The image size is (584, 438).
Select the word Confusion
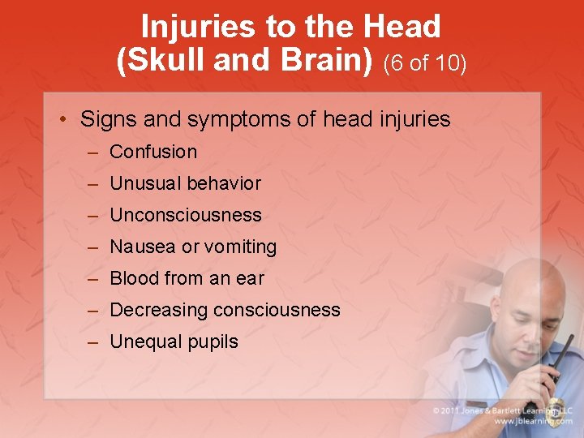[153, 152]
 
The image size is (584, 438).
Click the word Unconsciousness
[186, 215]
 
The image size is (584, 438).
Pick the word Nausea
[143, 247]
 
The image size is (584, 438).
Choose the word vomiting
[240, 247]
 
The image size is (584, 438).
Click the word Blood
[134, 278]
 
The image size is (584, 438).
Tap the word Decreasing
[158, 310]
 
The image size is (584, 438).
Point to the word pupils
[213, 342]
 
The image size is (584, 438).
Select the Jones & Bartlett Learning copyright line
[504, 410]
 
